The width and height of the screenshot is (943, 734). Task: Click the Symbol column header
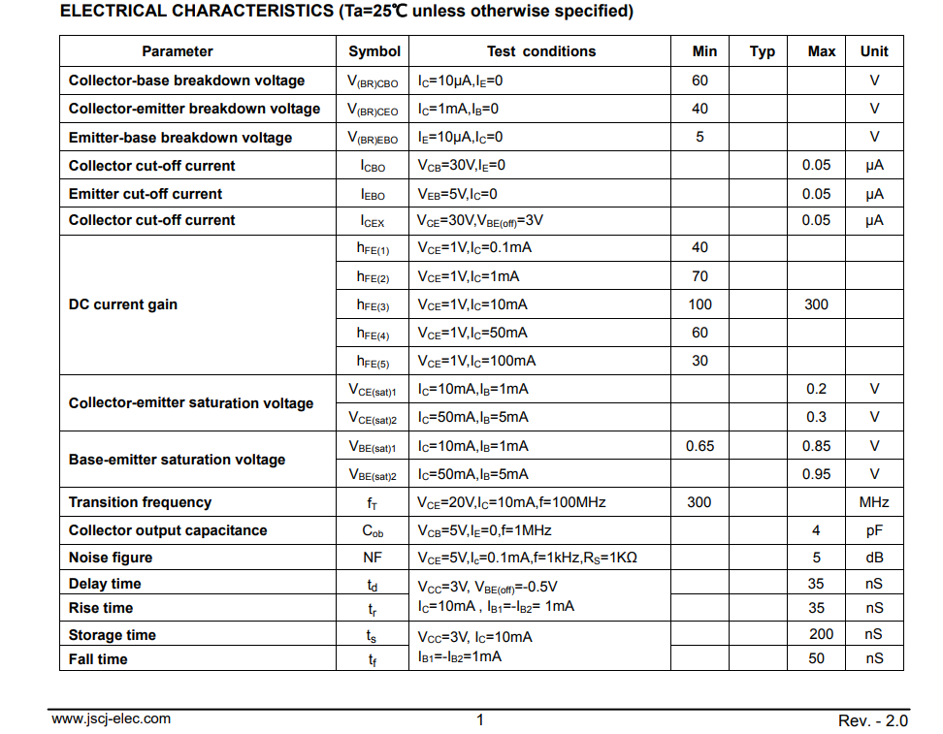(x=374, y=51)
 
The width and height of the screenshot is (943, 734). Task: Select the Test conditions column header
(x=541, y=51)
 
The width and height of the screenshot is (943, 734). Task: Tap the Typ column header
(x=763, y=51)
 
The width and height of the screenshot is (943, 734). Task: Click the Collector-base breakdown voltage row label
(x=186, y=80)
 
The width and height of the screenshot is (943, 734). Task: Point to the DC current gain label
(x=123, y=304)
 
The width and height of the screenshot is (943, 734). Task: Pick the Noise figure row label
(x=111, y=558)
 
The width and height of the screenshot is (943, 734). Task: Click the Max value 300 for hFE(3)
(x=817, y=304)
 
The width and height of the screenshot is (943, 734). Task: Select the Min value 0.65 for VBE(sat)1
(x=699, y=446)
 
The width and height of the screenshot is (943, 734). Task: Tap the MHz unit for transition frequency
(x=874, y=502)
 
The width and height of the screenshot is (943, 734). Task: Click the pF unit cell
(x=874, y=530)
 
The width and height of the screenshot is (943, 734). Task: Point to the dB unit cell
(x=874, y=558)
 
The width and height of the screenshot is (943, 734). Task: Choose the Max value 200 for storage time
(x=821, y=634)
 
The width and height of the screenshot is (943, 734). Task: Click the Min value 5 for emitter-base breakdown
(x=699, y=137)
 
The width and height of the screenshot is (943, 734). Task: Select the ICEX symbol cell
(x=373, y=221)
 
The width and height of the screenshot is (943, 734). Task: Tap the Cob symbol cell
(x=373, y=531)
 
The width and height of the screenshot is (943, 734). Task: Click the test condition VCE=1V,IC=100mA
(x=476, y=361)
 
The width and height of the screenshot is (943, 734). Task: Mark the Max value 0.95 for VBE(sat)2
(x=817, y=474)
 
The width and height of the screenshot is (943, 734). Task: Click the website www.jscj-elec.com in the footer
(x=111, y=719)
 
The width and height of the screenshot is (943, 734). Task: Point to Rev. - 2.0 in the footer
(x=873, y=720)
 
